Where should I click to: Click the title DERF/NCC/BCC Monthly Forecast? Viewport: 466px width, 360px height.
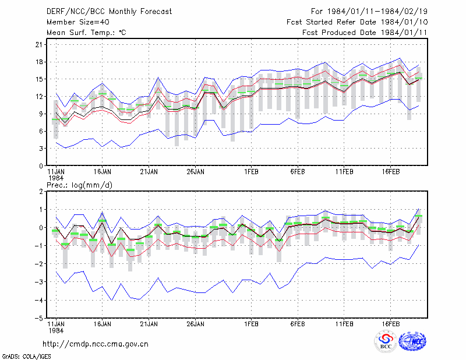click(x=109, y=12)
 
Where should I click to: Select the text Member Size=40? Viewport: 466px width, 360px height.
click(x=78, y=22)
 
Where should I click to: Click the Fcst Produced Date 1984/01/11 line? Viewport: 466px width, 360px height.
click(x=365, y=33)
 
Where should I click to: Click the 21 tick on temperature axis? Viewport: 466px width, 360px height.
click(x=39, y=45)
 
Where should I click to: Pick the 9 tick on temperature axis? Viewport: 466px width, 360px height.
click(x=41, y=114)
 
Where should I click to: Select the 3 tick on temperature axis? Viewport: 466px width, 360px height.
click(x=41, y=149)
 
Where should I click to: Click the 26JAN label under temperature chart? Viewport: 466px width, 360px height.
click(x=195, y=172)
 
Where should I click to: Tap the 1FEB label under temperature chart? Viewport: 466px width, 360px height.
click(x=251, y=172)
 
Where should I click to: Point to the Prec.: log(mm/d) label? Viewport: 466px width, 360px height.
click(x=79, y=185)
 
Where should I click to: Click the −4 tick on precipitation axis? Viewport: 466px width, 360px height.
click(x=38, y=300)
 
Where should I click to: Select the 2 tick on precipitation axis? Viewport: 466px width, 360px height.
click(x=41, y=191)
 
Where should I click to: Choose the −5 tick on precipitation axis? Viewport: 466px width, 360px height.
click(x=38, y=318)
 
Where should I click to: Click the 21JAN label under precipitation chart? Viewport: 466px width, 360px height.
click(x=149, y=324)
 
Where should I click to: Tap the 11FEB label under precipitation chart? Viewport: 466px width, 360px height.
click(x=344, y=324)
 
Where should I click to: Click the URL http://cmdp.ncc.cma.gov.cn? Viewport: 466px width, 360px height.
click(x=96, y=344)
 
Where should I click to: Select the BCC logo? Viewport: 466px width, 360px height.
click(x=386, y=342)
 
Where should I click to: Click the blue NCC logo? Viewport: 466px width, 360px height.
click(x=412, y=341)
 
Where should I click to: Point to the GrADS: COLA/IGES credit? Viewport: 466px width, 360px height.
click(x=26, y=357)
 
